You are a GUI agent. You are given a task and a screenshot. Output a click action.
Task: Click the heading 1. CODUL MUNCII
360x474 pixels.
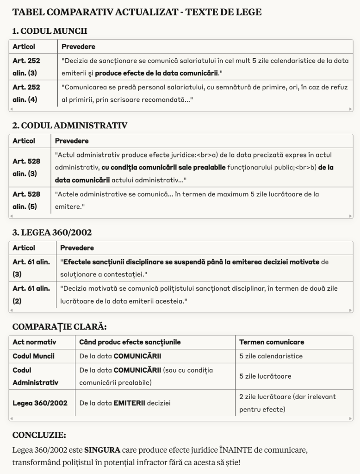(50, 31)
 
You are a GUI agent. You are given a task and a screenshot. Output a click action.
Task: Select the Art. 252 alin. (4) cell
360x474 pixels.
(26, 93)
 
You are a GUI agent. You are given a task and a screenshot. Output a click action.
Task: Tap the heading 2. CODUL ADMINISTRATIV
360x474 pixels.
(70, 125)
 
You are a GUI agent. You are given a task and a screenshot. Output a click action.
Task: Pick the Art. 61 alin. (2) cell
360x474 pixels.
(31, 295)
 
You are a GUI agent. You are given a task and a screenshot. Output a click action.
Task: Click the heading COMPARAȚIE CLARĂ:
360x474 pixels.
(59, 326)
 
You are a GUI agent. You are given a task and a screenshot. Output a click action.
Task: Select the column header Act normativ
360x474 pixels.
(34, 342)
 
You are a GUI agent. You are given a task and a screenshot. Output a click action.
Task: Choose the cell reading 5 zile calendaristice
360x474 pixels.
(271, 356)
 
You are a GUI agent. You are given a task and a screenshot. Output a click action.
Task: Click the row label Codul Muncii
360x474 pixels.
(33, 356)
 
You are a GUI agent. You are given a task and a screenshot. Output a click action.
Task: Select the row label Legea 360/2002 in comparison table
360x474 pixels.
(40, 403)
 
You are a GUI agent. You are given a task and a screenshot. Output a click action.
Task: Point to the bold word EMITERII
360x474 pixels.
(130, 403)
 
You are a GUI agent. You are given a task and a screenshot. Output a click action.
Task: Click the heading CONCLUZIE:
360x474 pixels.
(39, 435)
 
